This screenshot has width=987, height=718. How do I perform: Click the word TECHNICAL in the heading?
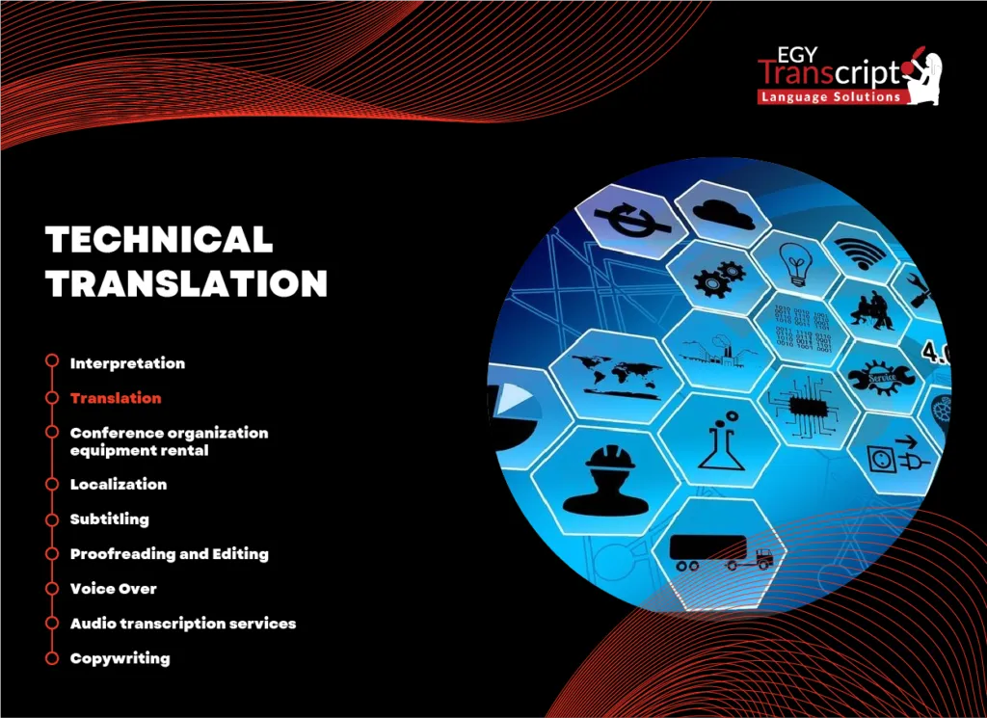pos(160,240)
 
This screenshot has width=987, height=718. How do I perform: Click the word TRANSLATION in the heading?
pos(188,283)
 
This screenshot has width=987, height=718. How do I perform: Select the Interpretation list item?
pos(127,363)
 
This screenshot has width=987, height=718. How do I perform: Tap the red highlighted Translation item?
pos(116,398)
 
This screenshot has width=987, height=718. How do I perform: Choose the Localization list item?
pos(119,484)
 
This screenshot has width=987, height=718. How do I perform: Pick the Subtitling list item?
pos(110,519)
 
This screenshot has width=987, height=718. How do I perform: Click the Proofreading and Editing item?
pos(170,553)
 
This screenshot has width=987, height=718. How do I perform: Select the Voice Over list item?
pos(114,588)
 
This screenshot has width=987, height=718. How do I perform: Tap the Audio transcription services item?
pos(183,624)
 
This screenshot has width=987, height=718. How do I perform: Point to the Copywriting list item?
pos(120,658)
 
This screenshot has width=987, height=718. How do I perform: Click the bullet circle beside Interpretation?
pos(51,362)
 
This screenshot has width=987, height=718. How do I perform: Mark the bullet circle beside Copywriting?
pos(51,658)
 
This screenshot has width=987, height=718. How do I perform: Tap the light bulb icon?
pos(796,263)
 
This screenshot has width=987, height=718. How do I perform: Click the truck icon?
pos(721,552)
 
